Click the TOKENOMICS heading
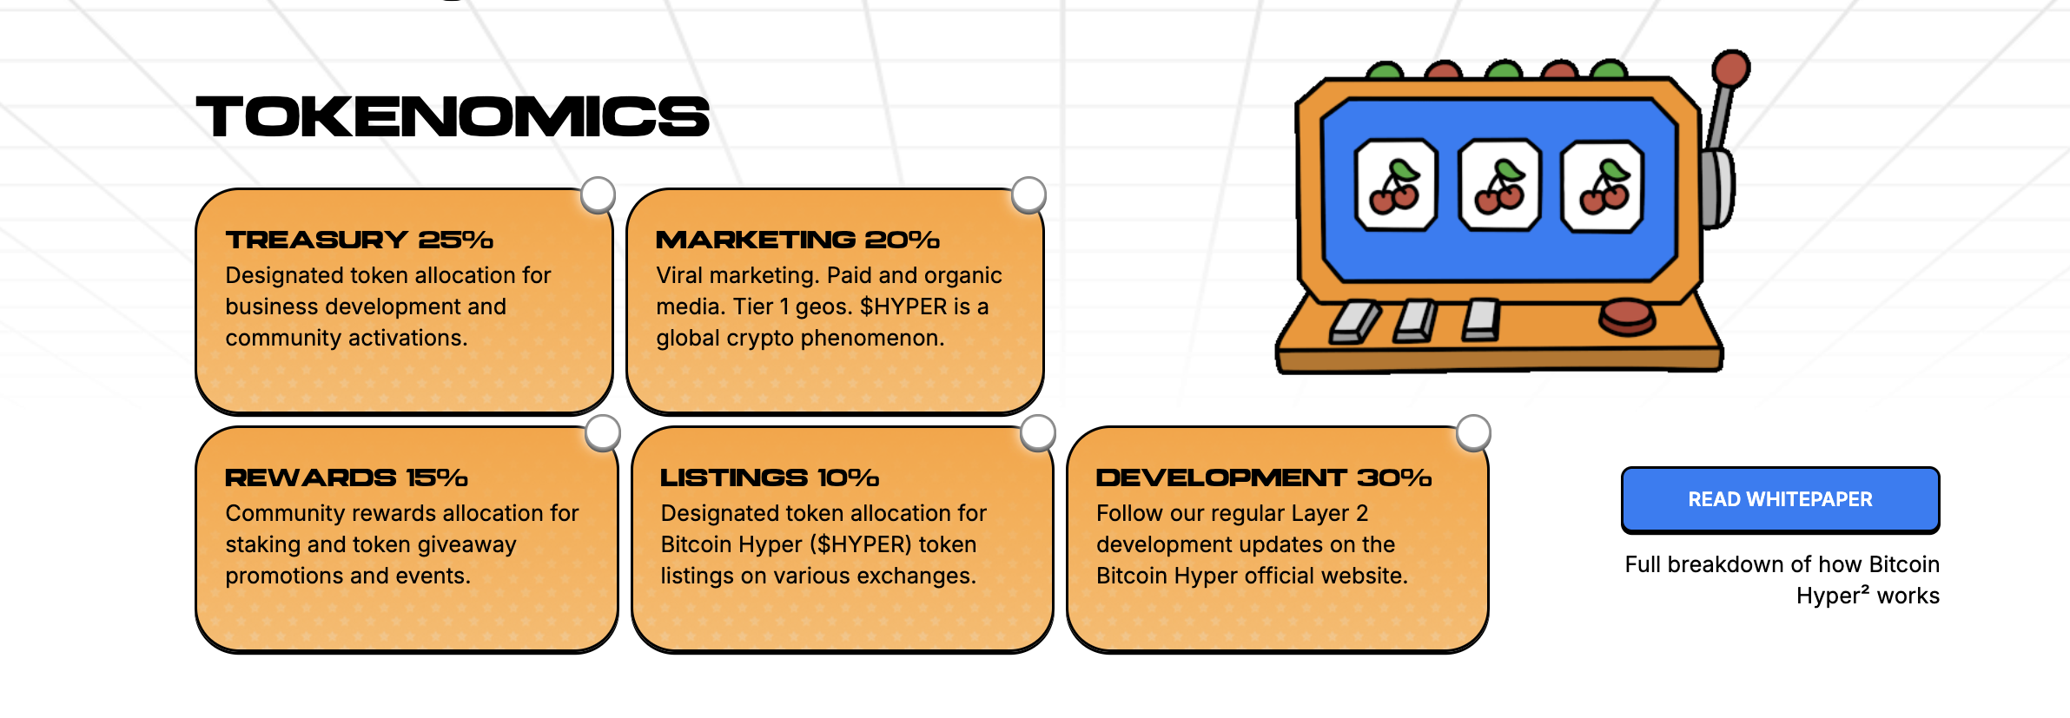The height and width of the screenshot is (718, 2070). point(453,117)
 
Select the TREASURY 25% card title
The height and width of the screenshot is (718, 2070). point(359,240)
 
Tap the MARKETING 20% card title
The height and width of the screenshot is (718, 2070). point(797,240)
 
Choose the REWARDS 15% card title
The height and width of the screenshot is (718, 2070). point(346,478)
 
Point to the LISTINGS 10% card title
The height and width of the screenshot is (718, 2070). point(770,478)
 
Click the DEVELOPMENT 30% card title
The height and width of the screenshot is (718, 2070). point(1263,478)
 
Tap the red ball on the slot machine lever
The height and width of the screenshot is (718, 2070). point(1730,69)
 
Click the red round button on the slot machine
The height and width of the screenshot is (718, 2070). point(1627,316)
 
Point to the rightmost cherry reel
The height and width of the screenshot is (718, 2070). point(1603,187)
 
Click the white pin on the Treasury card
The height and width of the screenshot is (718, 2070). point(598,194)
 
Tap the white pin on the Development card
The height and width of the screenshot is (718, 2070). point(1473,432)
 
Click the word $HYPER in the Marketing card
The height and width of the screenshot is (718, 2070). point(903,306)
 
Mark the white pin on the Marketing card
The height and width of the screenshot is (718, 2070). point(1028,194)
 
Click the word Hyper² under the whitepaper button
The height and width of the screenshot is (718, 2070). point(1832,596)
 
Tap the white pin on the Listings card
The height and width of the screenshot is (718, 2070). point(1037,432)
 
